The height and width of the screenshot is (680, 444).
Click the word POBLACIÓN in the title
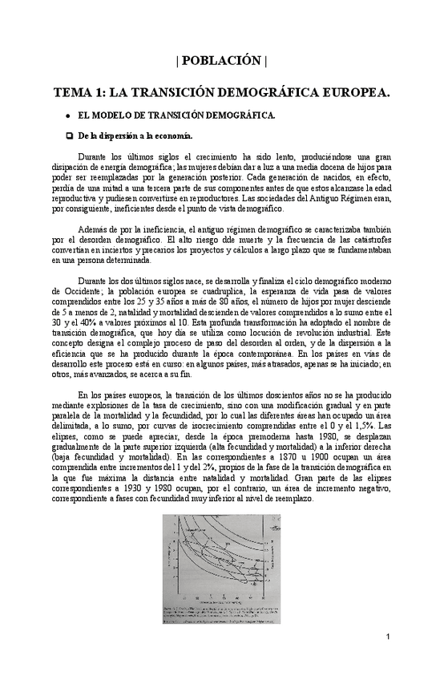221,61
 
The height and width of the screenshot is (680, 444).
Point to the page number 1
386,637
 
